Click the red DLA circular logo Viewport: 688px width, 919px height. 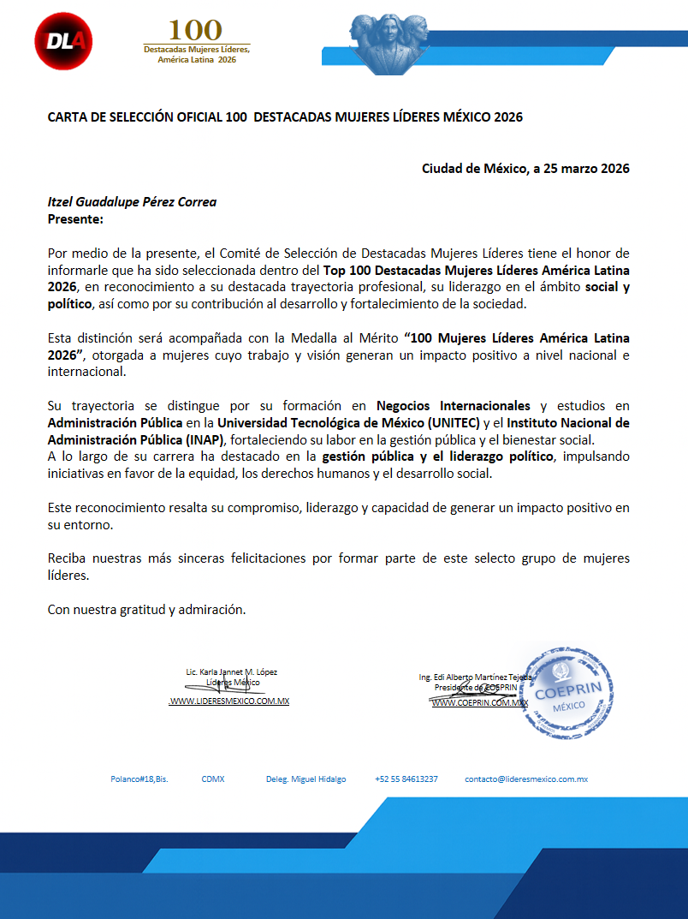63,41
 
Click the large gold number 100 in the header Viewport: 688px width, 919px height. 195,31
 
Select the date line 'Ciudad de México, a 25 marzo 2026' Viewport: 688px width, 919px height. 525,168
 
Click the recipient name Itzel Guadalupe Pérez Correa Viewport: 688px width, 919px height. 132,202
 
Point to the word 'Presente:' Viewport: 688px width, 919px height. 75,219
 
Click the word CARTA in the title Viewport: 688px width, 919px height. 68,117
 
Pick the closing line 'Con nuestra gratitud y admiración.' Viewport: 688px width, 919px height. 146,610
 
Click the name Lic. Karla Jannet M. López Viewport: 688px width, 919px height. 231,672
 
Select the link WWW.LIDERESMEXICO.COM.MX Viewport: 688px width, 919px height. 229,701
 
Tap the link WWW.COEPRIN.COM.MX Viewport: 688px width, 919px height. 479,702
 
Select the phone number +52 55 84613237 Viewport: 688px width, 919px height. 406,779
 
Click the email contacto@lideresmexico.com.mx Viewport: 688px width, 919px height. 526,779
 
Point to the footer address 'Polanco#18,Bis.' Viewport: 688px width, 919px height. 139,779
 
